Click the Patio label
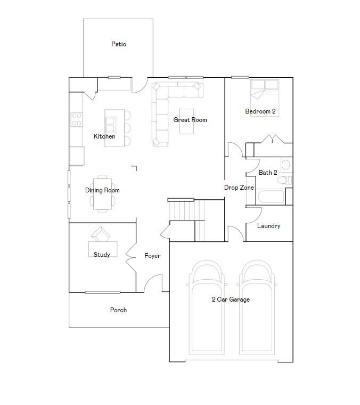tap(118, 44)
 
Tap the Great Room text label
tap(190, 120)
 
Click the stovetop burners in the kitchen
tap(77, 119)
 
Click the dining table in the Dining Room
tap(103, 193)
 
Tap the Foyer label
tap(152, 256)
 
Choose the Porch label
tap(118, 310)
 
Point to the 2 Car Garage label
tap(231, 299)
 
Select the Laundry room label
tap(268, 226)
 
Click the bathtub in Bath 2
tap(273, 198)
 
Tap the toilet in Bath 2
tap(286, 180)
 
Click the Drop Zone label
tap(239, 188)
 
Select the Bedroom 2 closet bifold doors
tap(274, 140)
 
